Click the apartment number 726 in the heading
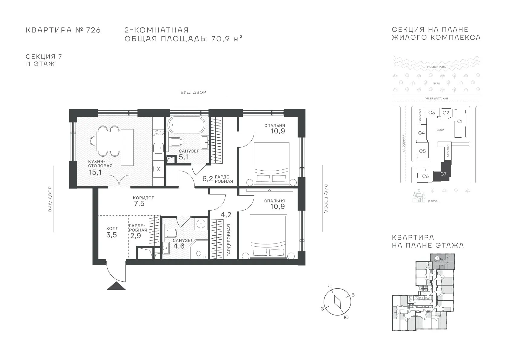(93, 30)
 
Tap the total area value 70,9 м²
(227, 39)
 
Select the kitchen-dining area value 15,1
(95, 172)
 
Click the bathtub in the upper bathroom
(186, 125)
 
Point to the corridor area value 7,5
(139, 203)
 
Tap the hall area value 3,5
(112, 235)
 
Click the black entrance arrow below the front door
(116, 286)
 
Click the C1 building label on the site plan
(460, 121)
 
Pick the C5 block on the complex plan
(423, 151)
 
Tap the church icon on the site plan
(419, 196)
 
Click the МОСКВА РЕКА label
(436, 67)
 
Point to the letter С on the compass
(330, 286)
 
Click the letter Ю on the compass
(346, 318)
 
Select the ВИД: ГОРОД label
(326, 199)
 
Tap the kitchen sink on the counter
(158, 148)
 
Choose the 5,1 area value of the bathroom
(183, 157)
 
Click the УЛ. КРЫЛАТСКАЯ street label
(436, 98)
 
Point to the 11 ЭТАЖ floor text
(40, 64)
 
